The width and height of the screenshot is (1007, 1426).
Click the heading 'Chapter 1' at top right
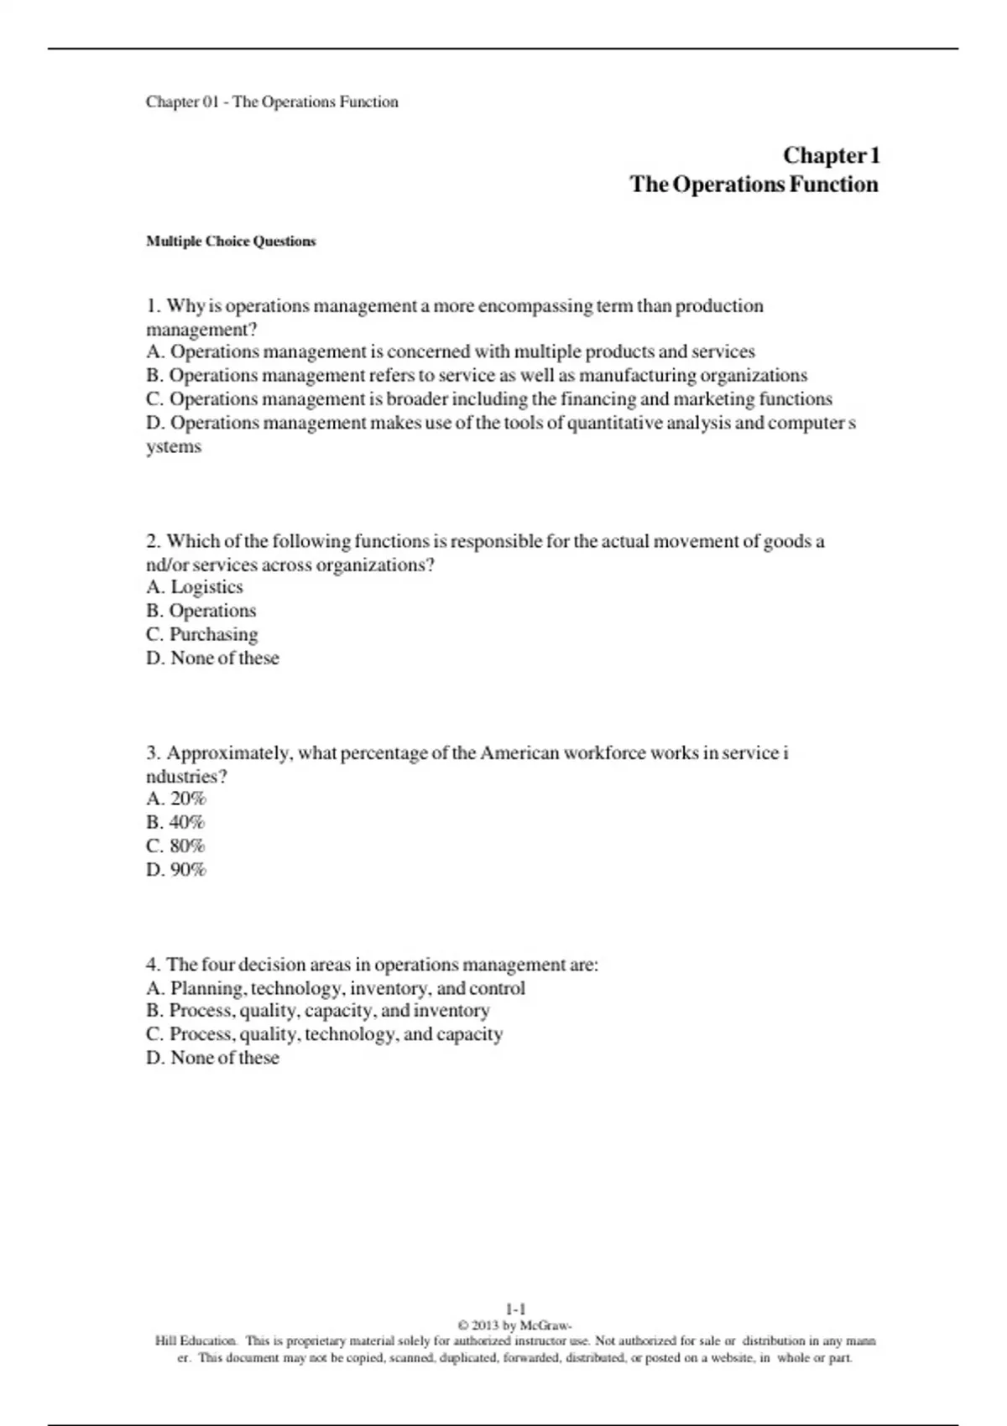[x=831, y=156]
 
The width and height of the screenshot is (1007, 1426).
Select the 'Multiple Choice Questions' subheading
[x=231, y=242]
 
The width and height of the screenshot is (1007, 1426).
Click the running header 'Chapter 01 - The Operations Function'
[x=272, y=102]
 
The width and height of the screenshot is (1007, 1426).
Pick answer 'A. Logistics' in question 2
[x=195, y=587]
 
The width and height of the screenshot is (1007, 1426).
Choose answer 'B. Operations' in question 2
[x=201, y=611]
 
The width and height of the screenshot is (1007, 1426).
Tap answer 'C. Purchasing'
[x=201, y=634]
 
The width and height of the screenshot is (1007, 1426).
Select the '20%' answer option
[x=187, y=799]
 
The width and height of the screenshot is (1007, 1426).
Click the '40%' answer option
[x=186, y=822]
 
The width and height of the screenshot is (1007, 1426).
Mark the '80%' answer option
[x=186, y=846]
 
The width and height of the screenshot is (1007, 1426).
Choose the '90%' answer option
[x=187, y=869]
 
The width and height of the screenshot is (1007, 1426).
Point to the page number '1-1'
[x=515, y=1309]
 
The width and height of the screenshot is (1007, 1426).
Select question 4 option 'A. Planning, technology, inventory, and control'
[x=336, y=988]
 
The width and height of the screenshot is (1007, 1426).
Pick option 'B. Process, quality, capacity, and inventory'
[x=318, y=1011]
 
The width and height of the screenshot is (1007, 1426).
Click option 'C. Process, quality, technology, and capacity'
[x=325, y=1034]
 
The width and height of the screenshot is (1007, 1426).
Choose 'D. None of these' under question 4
[x=212, y=1058]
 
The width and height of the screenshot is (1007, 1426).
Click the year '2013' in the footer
[x=485, y=1325]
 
